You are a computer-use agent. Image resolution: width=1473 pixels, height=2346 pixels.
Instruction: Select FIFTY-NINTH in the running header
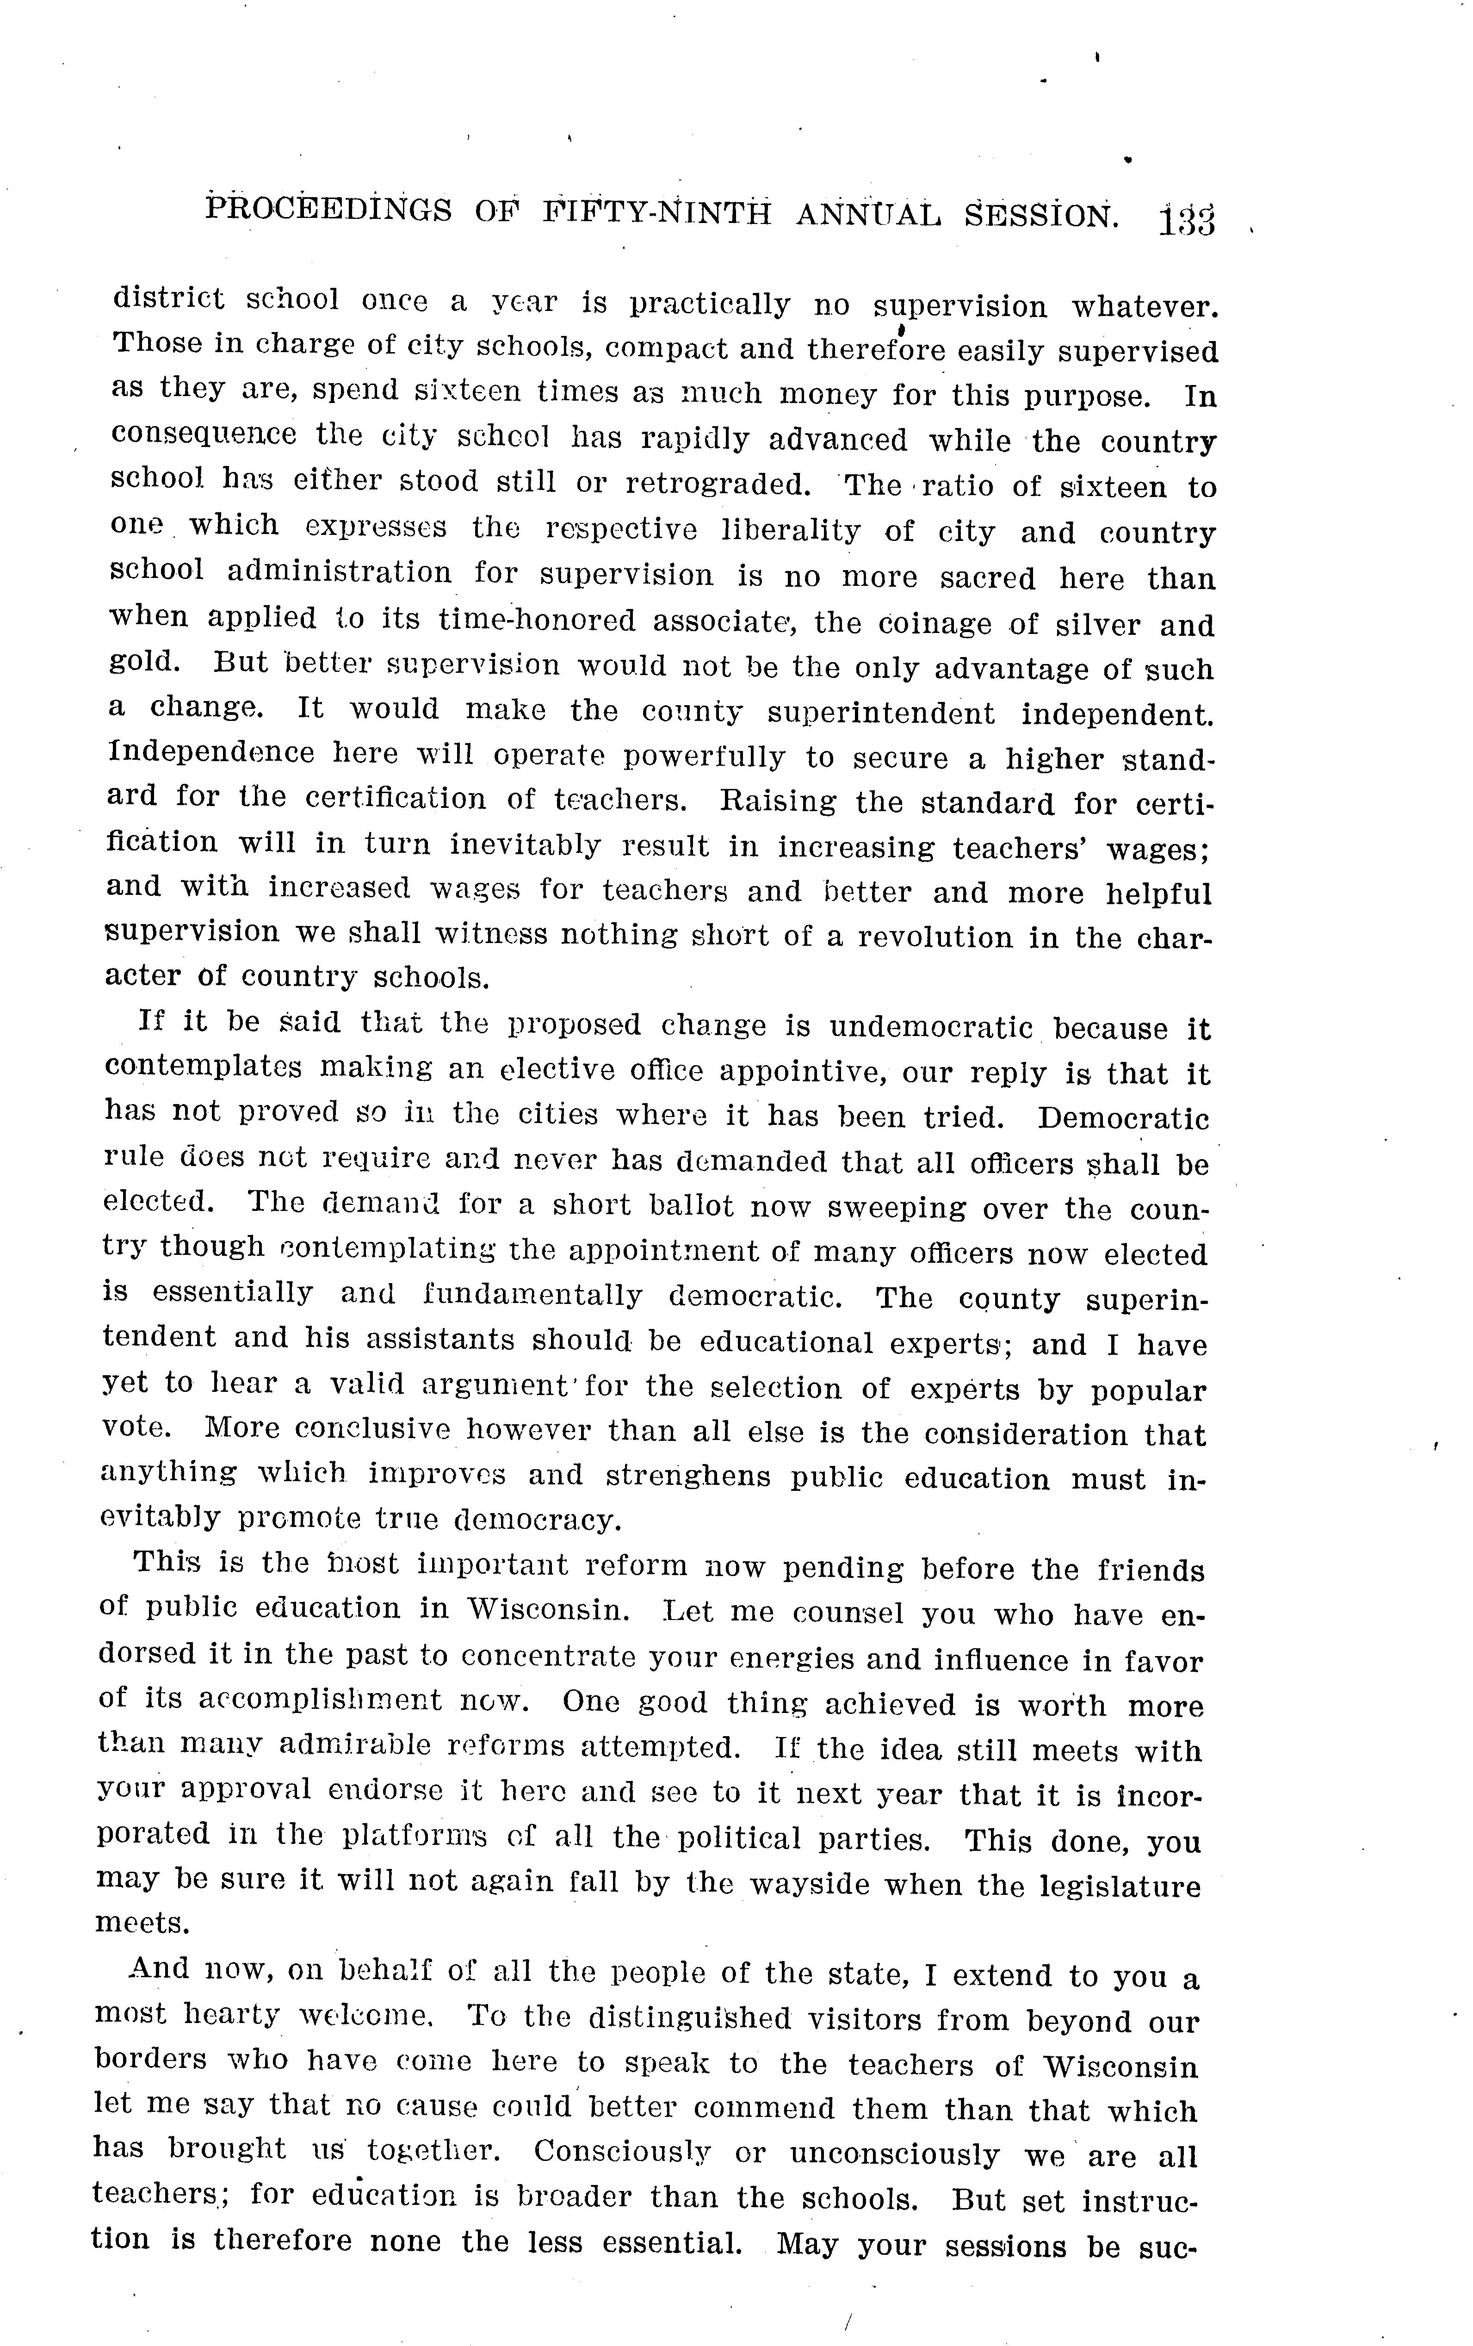point(656,212)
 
